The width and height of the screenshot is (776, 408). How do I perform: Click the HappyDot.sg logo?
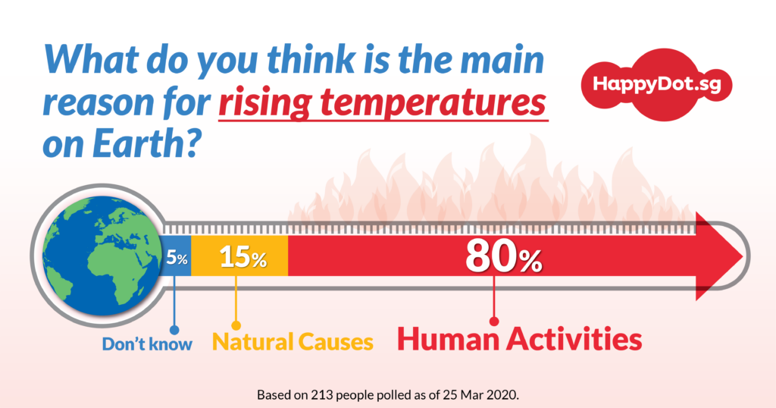pyautogui.click(x=656, y=85)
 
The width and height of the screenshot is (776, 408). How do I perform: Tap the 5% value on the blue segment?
pyautogui.click(x=177, y=258)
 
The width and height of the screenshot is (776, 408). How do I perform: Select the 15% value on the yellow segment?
pyautogui.click(x=243, y=257)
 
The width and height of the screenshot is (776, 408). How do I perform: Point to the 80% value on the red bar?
pyautogui.click(x=503, y=257)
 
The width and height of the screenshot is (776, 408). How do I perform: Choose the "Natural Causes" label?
pyautogui.click(x=293, y=342)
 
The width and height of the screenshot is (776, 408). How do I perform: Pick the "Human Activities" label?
pyautogui.click(x=520, y=340)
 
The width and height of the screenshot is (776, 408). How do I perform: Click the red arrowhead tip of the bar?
pyautogui.click(x=743, y=256)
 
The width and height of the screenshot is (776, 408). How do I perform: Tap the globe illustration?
pyautogui.click(x=103, y=256)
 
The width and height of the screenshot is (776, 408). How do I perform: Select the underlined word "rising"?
pyautogui.click(x=264, y=103)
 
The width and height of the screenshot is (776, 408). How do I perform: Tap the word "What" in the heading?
pyautogui.click(x=92, y=59)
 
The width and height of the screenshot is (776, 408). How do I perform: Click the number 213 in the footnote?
pyautogui.click(x=321, y=395)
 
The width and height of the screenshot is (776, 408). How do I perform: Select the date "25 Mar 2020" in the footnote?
pyautogui.click(x=480, y=395)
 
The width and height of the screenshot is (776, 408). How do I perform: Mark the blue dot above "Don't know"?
pyautogui.click(x=174, y=330)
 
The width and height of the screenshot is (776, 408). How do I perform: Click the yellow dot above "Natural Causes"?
pyautogui.click(x=236, y=325)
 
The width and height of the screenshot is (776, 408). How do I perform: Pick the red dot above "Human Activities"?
pyautogui.click(x=494, y=322)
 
